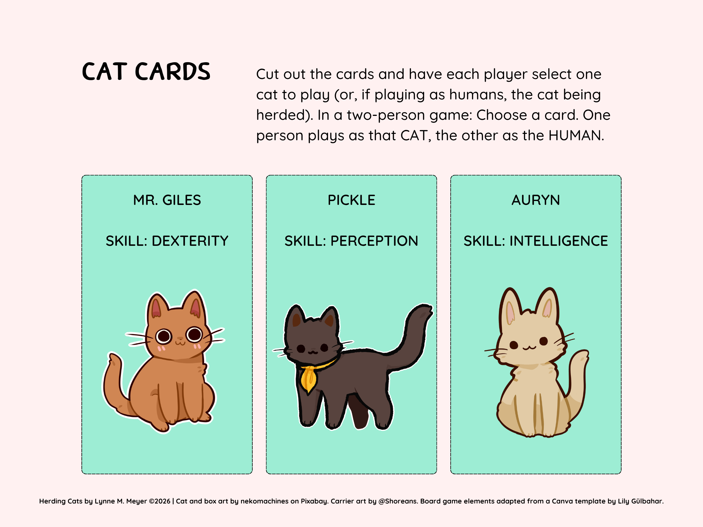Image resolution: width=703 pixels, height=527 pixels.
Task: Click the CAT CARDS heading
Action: (146, 71)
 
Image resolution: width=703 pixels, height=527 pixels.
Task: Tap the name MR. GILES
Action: (167, 200)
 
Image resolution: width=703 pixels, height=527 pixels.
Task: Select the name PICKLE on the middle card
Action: (351, 200)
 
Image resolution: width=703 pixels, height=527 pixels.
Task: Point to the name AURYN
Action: (535, 200)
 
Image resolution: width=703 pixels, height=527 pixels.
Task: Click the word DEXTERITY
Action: (190, 241)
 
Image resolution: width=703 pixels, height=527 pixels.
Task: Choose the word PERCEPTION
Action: (374, 241)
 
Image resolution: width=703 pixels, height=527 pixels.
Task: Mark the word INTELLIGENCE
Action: (559, 241)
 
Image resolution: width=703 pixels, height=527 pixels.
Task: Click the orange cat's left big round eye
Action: (164, 336)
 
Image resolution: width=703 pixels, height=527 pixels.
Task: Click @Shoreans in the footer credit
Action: (398, 501)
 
